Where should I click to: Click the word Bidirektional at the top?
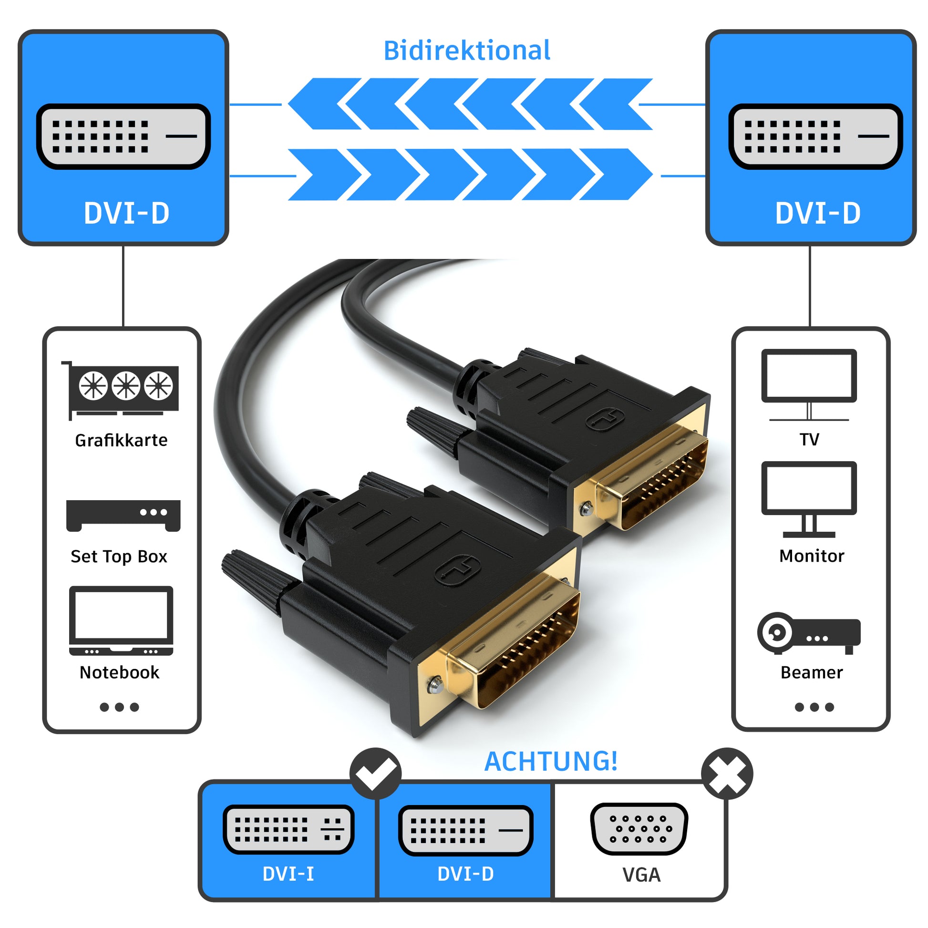tap(466, 51)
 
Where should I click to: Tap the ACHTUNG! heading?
tap(550, 762)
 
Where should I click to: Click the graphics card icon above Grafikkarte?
tap(121, 390)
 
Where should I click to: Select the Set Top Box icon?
tap(124, 516)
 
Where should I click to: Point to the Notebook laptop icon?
tap(121, 620)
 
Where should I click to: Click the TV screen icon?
tap(809, 385)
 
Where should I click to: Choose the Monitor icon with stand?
tap(809, 499)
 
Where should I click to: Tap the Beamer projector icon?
tap(809, 633)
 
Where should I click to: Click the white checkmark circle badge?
tap(375, 774)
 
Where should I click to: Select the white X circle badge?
tap(727, 774)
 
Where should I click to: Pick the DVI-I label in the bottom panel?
tap(288, 874)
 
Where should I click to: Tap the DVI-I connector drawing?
tap(288, 829)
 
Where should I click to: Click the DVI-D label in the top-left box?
tap(126, 213)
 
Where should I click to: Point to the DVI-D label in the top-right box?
tap(817, 213)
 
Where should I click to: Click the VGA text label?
tap(641, 875)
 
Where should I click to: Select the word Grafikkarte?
tap(121, 441)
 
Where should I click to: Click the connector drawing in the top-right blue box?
tap(815, 136)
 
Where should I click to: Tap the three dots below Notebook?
tap(119, 707)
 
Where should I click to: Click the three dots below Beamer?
tap(814, 707)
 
